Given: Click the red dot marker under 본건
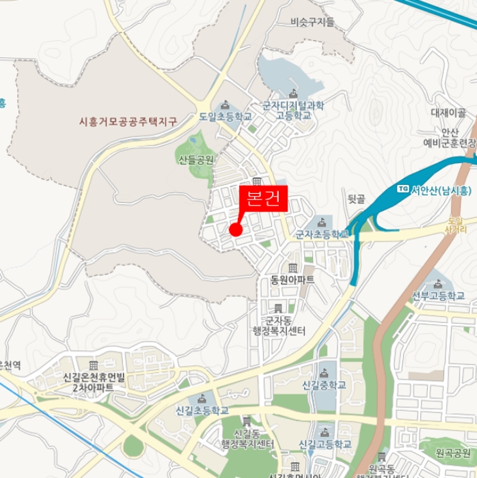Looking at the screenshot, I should pos(236,229).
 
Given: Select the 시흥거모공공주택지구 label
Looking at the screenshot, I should pos(128,122).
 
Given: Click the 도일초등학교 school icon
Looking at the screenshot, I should pos(225,105).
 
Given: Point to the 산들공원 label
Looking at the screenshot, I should pos(196,160).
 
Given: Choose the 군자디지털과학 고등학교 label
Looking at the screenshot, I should pos(293,111).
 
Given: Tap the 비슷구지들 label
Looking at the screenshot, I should pos(312,22).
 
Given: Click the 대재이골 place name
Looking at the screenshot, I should pos(448,113).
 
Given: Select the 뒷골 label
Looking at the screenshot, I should pos(357,199).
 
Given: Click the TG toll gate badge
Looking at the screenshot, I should pos(403,189).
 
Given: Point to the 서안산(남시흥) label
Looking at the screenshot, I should pos(440,191).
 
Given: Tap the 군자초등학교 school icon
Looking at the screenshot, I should pos(321,221).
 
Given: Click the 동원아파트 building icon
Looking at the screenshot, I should pos(292,268).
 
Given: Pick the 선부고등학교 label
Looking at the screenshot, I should pos(438,296).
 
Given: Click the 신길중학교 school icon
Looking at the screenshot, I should pos(323,372).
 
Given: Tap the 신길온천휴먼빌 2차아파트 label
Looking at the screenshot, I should pos(94,382).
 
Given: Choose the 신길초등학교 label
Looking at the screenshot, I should pos(202,411).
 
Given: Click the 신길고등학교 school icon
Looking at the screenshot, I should pos(325,432).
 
